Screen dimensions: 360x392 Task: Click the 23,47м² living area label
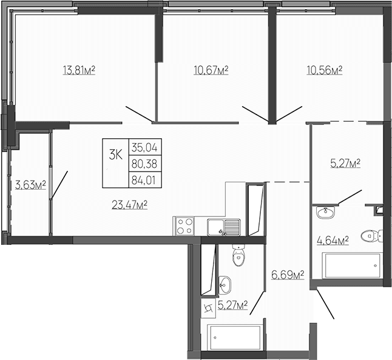click(130, 204)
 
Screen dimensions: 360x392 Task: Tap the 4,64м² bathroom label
click(333, 241)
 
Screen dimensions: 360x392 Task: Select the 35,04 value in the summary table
click(144, 147)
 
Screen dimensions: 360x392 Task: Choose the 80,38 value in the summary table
click(144, 162)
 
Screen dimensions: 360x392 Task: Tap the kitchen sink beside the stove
click(223, 227)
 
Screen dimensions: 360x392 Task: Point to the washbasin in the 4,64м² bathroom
click(326, 212)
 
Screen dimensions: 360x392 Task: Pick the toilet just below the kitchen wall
click(238, 256)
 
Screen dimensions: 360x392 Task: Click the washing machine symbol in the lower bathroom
click(209, 309)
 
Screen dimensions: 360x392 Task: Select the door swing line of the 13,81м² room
click(139, 113)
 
